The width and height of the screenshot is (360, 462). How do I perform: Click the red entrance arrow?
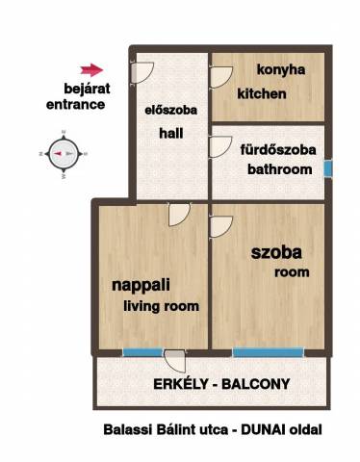point(91,69)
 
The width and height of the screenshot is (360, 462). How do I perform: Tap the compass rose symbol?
point(64,154)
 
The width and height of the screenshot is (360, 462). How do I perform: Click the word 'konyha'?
point(281,69)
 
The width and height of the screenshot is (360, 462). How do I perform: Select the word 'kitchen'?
point(262,93)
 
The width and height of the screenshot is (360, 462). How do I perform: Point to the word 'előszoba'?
point(170,110)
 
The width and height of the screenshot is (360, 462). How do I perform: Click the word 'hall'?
point(171,133)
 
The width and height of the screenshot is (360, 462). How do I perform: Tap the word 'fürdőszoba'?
point(278,150)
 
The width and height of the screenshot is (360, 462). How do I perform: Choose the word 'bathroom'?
point(279,169)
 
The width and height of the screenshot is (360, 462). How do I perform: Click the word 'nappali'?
point(141,286)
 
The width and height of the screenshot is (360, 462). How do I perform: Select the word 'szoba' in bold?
point(276,252)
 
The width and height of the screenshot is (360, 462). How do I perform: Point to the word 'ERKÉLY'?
point(181,384)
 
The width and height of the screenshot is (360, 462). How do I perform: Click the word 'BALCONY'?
point(256,384)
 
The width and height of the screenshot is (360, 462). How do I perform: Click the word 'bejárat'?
point(87,89)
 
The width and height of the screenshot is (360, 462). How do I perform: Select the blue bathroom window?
point(327,168)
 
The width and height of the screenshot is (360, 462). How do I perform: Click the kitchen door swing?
point(220,77)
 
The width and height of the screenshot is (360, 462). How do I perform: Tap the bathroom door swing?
point(220,147)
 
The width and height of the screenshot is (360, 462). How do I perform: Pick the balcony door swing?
point(175,361)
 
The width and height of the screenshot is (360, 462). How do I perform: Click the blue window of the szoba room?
point(268,352)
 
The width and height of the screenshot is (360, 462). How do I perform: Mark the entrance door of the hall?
point(142,72)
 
